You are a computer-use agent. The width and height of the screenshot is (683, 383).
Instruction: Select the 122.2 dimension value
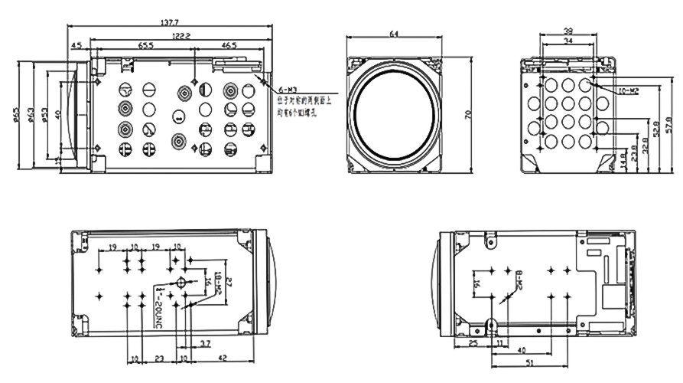[181, 36]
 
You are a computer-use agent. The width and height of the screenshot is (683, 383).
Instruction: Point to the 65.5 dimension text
[145, 47]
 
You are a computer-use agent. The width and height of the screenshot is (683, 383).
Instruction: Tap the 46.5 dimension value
[229, 47]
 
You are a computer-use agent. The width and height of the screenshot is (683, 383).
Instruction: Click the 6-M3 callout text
[288, 90]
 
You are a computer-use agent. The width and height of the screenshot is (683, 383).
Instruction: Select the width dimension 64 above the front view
[394, 33]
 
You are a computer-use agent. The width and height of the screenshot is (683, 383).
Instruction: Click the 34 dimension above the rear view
[568, 41]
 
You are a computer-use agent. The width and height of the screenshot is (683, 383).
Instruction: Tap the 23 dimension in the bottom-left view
[159, 358]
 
